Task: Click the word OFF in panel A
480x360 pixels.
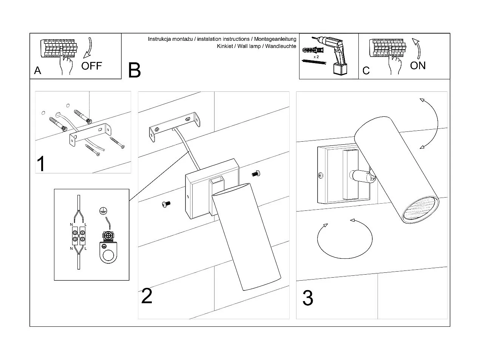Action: [91, 66]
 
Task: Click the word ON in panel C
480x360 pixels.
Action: [418, 65]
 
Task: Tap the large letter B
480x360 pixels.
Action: [134, 70]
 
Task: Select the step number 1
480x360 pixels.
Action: [41, 164]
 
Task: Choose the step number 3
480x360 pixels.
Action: [308, 298]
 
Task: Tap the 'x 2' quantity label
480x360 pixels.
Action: [316, 56]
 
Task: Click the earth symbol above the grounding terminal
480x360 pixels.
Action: [102, 211]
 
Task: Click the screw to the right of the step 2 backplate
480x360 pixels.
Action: [256, 173]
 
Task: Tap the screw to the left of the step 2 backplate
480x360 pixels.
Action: [165, 204]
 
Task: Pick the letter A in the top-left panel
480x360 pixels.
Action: [37, 71]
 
